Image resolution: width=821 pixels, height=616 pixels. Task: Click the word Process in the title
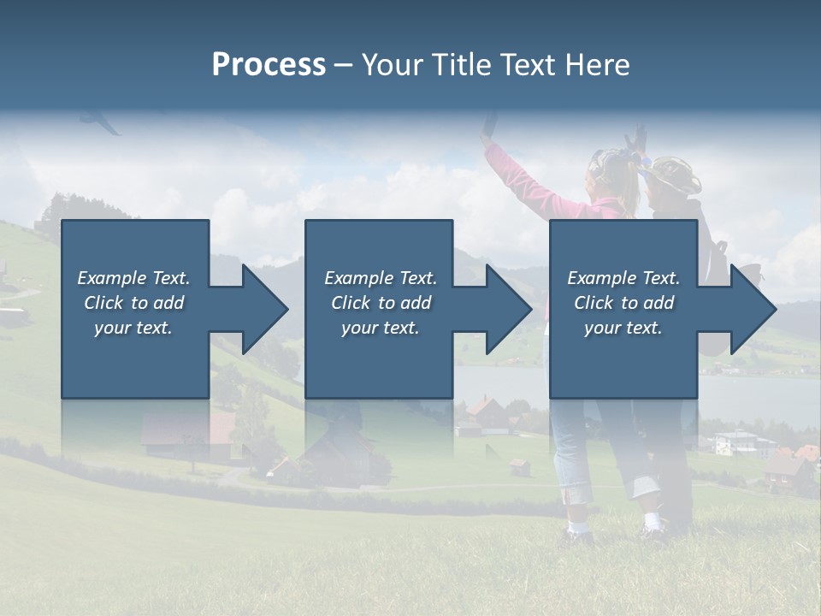tap(269, 65)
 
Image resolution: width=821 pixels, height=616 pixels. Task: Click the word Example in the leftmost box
tap(112, 278)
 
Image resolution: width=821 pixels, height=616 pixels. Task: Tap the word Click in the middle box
tap(350, 303)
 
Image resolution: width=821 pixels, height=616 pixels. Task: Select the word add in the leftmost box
tap(168, 303)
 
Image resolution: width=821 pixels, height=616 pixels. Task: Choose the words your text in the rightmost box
tap(623, 328)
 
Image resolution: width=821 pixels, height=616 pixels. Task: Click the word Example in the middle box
tap(359, 278)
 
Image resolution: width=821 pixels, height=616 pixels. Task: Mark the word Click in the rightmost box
tap(594, 303)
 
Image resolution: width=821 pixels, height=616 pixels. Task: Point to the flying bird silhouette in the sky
tap(102, 122)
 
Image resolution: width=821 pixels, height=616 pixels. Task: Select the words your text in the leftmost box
tap(133, 328)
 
